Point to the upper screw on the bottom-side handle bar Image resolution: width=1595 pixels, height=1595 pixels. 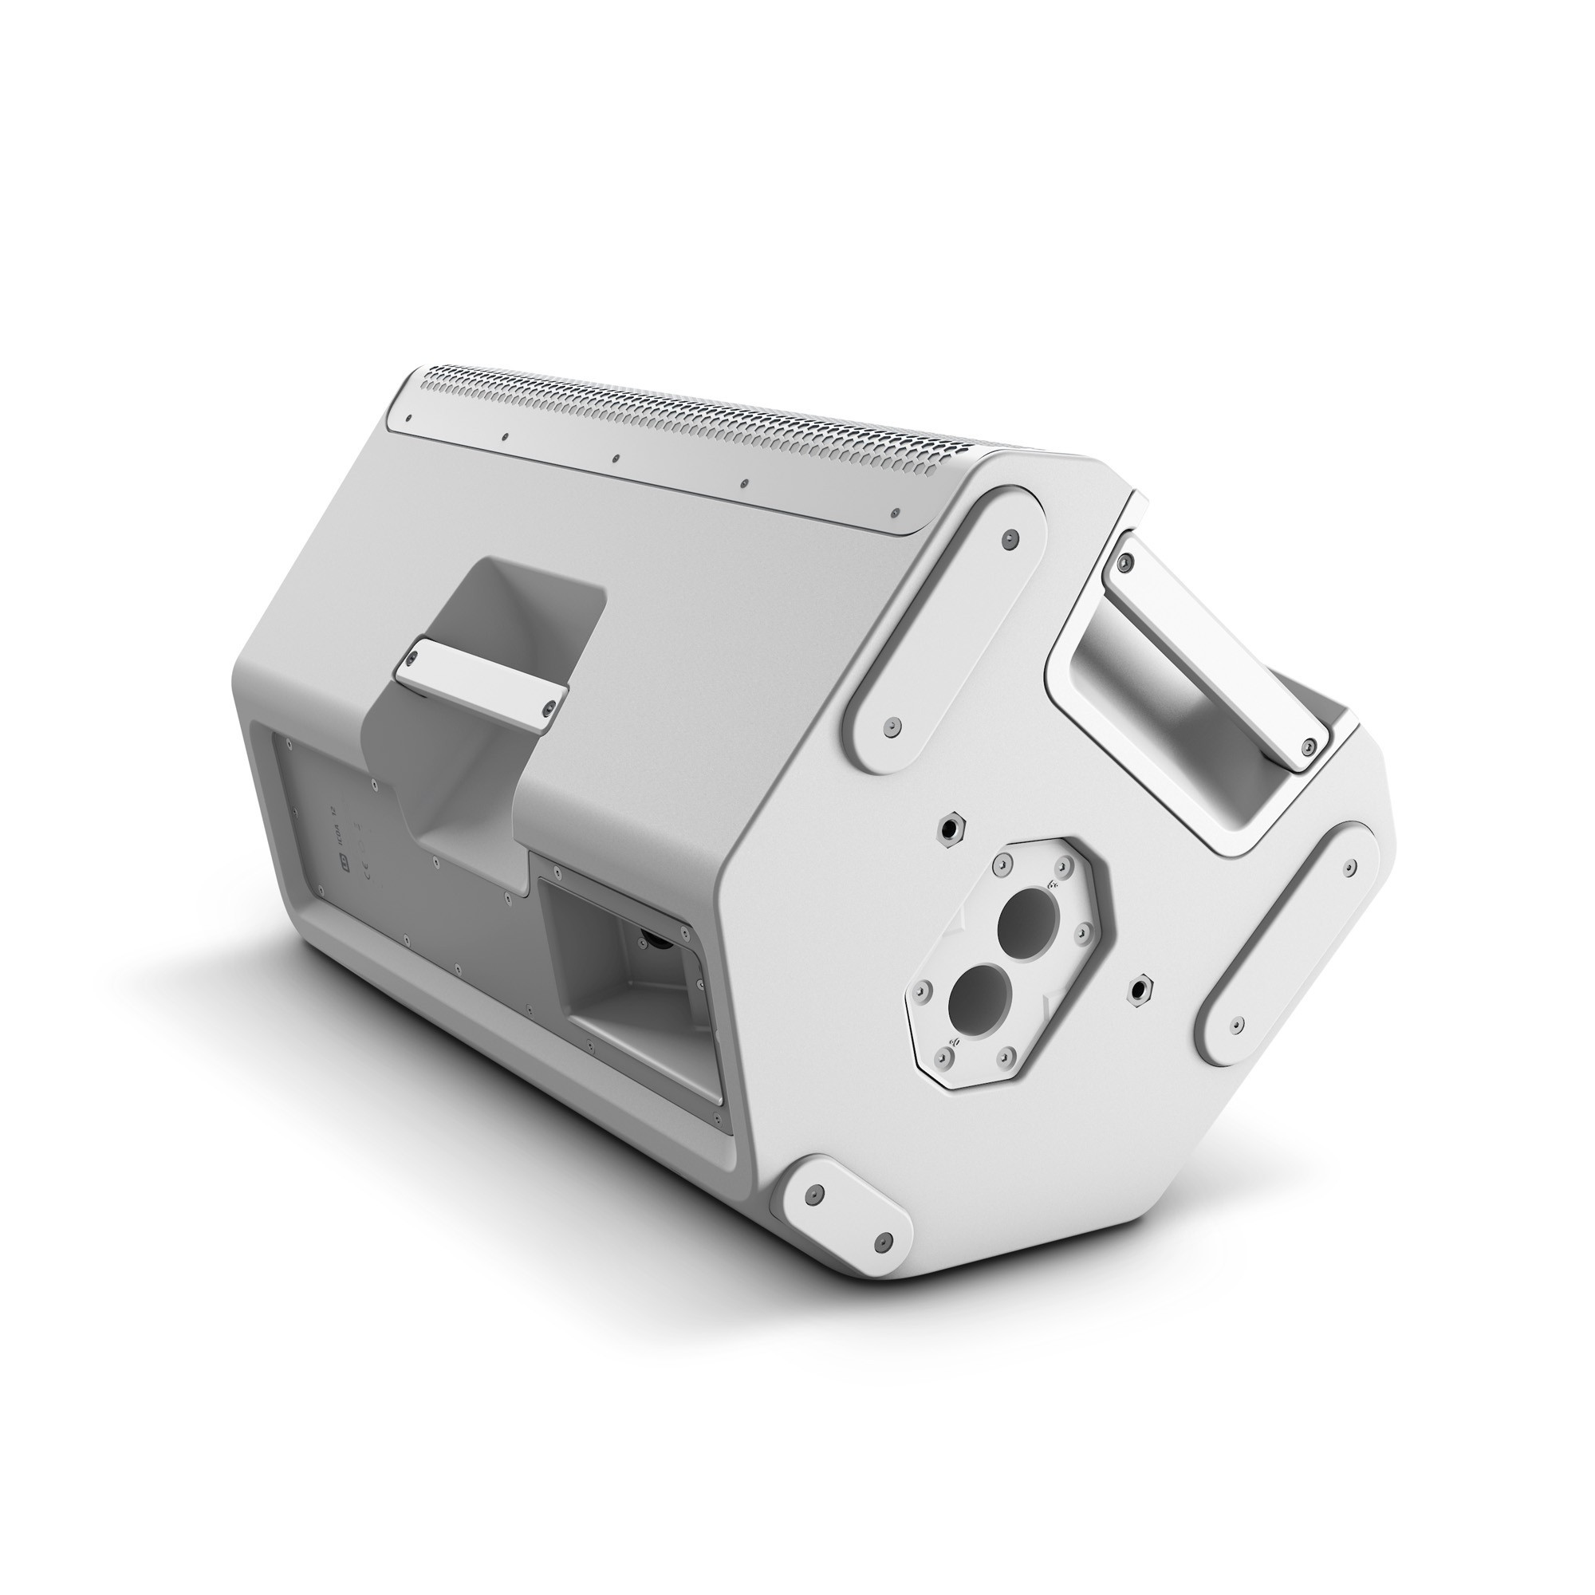pos(1123,563)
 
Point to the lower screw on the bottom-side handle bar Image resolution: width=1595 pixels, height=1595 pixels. pos(1307,724)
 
